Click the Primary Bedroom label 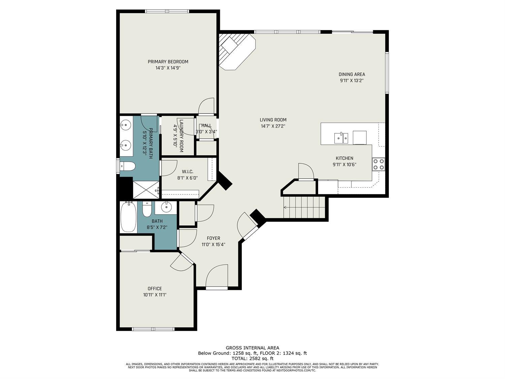[x=168, y=62]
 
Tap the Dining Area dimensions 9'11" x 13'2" [x=351, y=81]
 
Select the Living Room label [x=273, y=120]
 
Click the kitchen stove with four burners [x=378, y=164]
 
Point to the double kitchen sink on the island [x=341, y=138]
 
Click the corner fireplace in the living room [x=236, y=51]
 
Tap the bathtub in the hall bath [x=128, y=217]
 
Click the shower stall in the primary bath [x=146, y=190]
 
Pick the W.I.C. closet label [x=188, y=171]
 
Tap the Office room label [x=155, y=288]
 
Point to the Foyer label [x=213, y=238]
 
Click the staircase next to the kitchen [x=304, y=207]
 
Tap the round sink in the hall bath [x=166, y=208]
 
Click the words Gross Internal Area [x=252, y=348]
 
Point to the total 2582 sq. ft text [x=252, y=359]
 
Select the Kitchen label [x=344, y=158]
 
